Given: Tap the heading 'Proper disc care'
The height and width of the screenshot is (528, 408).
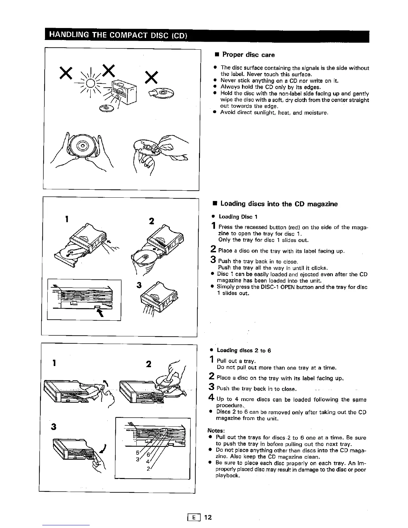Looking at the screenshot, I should tap(248, 55).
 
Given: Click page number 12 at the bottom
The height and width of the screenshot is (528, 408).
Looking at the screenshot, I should tap(208, 517).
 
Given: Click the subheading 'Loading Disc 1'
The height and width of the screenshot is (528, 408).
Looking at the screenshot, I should tap(238, 217).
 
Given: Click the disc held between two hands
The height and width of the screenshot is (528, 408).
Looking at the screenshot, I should tap(81, 146).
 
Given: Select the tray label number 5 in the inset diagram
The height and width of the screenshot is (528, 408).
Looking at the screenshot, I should tap(137, 453).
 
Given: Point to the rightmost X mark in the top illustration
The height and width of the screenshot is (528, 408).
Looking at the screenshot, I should tap(152, 78).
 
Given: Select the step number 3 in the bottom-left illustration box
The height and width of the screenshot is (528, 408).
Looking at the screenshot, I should tap(53, 427).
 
